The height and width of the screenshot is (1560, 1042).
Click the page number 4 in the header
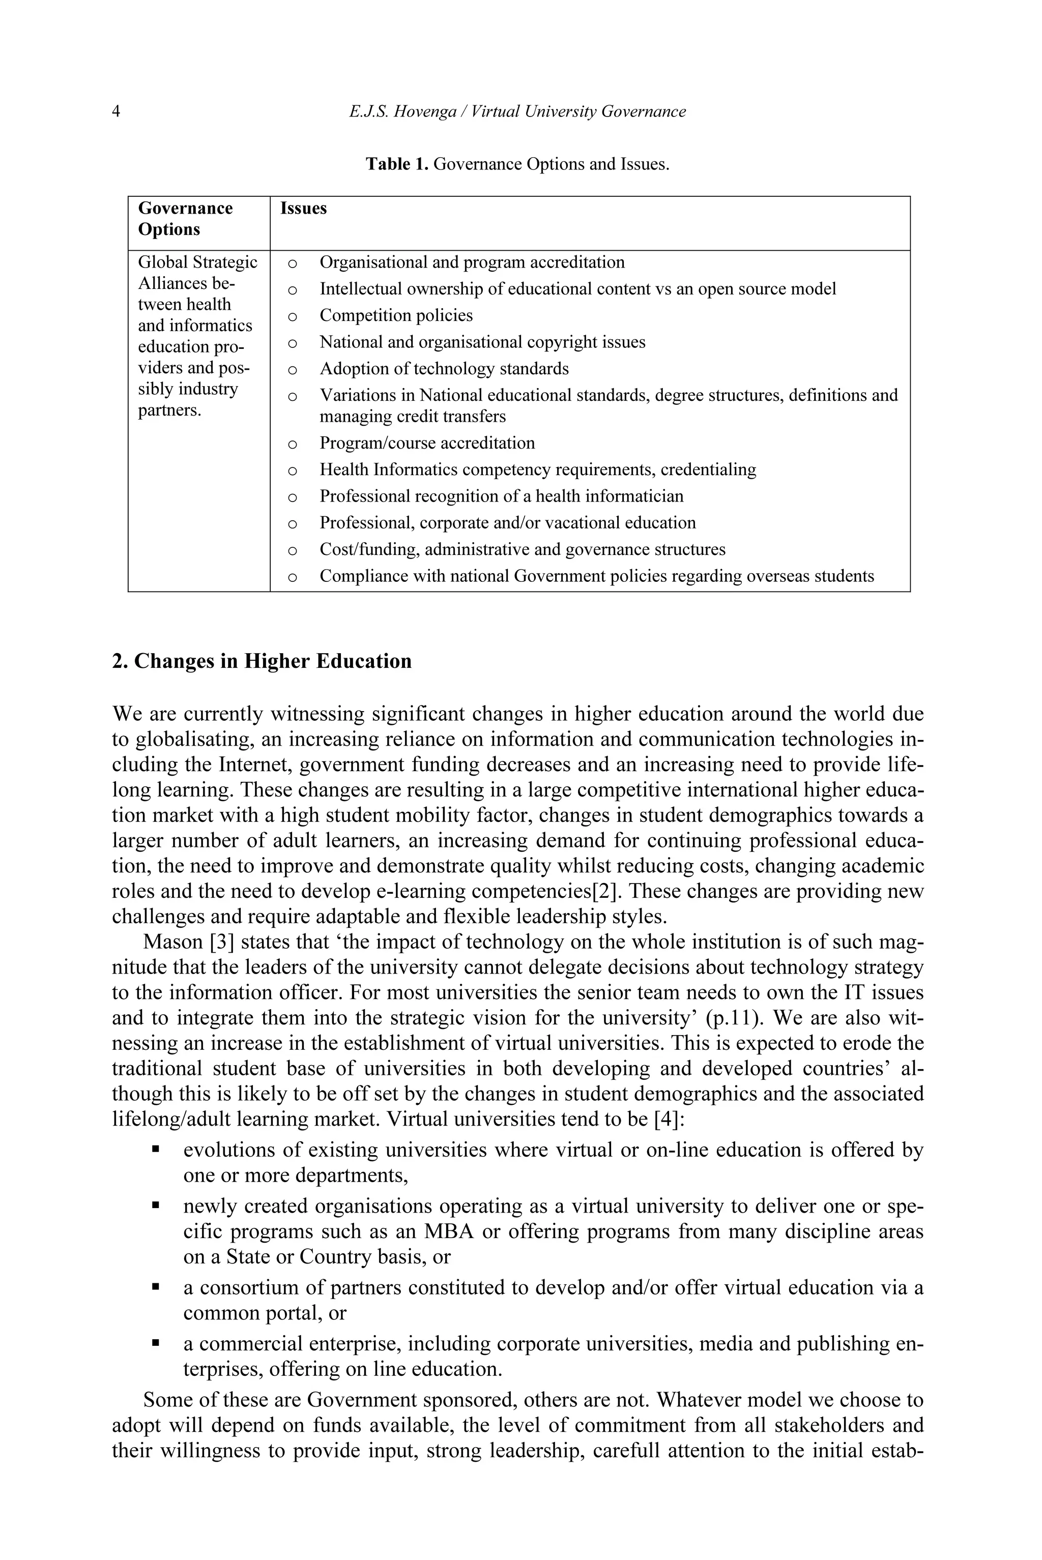(x=117, y=111)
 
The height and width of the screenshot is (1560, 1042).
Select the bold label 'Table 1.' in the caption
(x=397, y=164)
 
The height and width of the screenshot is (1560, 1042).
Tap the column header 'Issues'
(x=303, y=209)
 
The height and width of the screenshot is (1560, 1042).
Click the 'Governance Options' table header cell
(x=185, y=219)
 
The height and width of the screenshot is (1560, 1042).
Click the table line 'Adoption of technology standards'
(x=444, y=369)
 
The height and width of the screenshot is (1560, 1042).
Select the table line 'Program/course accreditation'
(x=427, y=443)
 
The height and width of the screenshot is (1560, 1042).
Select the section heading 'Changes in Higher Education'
(x=273, y=662)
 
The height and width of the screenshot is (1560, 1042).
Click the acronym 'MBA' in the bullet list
(x=449, y=1231)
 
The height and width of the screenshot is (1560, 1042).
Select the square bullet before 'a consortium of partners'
(x=156, y=1287)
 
